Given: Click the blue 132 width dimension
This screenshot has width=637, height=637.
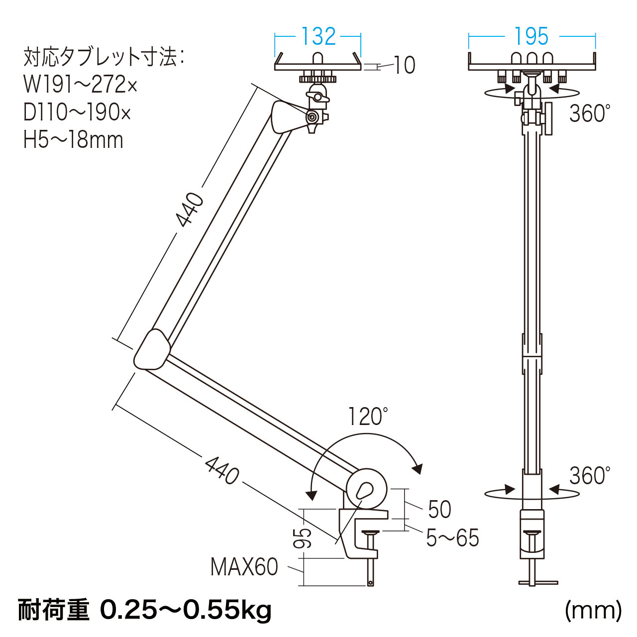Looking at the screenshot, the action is click(x=318, y=36).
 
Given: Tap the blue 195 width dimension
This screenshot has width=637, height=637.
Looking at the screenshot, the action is click(x=531, y=36).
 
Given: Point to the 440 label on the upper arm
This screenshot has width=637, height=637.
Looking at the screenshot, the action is click(x=190, y=210).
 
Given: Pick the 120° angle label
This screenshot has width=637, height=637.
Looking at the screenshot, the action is click(x=368, y=417).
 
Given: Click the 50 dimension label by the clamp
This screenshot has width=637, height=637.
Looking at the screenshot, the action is click(x=439, y=509).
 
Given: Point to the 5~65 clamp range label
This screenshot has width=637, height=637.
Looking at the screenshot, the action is click(x=452, y=538).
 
